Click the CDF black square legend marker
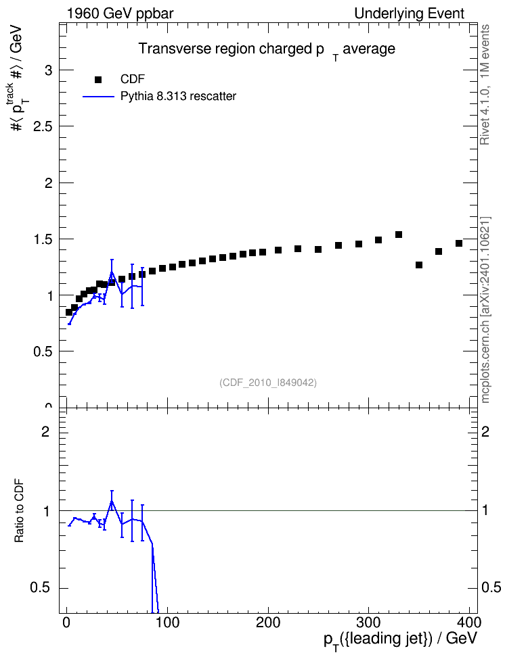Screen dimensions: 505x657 coord(98,80)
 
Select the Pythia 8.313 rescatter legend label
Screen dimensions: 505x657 coord(179,96)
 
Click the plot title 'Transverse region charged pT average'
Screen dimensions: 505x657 coord(267,50)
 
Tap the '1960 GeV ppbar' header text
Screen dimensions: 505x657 coord(120,14)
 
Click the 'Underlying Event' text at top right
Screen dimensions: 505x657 coord(410,14)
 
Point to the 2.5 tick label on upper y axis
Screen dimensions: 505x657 coord(43,126)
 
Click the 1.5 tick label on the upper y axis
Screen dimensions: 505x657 coord(43,239)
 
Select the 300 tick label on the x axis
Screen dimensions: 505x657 coord(368,622)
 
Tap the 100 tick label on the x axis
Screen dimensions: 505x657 coord(167,622)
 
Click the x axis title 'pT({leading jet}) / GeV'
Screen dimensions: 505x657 coord(401,640)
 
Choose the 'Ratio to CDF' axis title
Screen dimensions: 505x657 coord(19,511)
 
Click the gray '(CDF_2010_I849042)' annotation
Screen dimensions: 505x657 coord(268,383)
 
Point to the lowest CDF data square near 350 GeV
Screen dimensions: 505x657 coord(418,265)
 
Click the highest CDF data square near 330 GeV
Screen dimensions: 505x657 coord(398,235)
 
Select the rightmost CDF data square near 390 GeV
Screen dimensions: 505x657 coord(459,243)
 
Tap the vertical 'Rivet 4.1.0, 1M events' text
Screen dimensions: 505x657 coord(485,84)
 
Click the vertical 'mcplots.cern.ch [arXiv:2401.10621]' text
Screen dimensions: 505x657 coord(485,310)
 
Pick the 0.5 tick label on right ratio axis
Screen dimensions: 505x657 coord(491,587)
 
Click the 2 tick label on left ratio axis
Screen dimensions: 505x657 coord(45,431)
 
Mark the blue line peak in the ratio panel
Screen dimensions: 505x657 coord(112,500)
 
